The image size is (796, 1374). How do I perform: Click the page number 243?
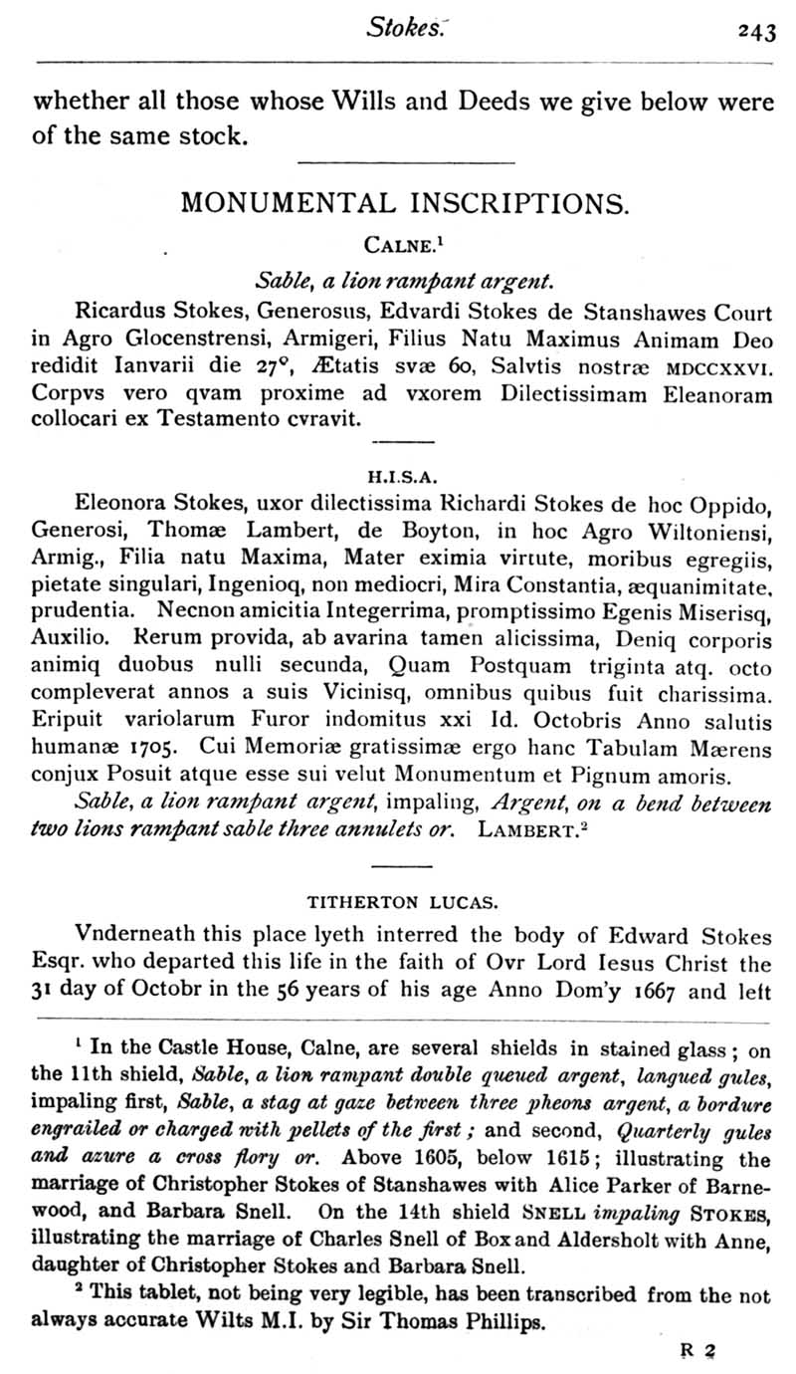click(x=756, y=32)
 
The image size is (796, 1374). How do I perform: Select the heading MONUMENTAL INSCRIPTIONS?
click(x=404, y=204)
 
